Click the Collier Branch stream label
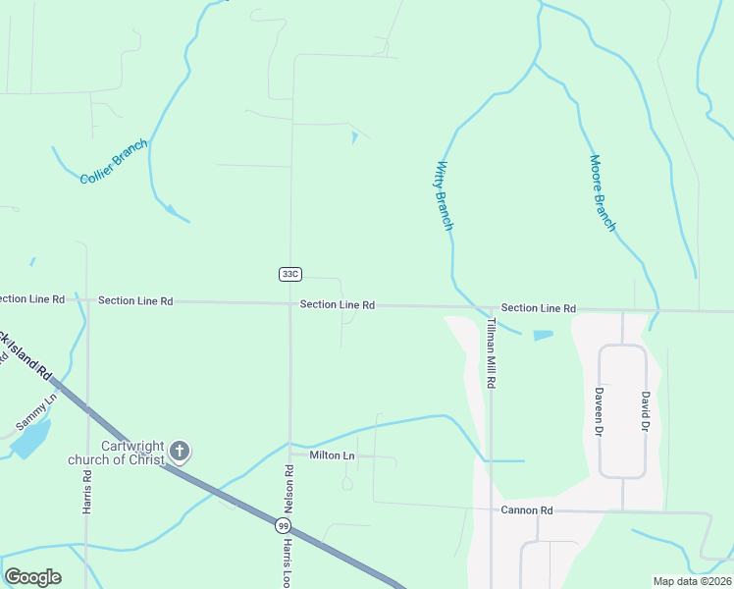[114, 161]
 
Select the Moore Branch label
[603, 193]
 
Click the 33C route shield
[288, 273]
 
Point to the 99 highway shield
[282, 526]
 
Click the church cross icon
[179, 451]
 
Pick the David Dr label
[645, 411]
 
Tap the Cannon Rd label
[527, 510]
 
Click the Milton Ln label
[332, 455]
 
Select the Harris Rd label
[87, 492]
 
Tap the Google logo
[32, 577]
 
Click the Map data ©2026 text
[692, 581]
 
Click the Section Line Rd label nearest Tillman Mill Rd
[538, 308]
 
